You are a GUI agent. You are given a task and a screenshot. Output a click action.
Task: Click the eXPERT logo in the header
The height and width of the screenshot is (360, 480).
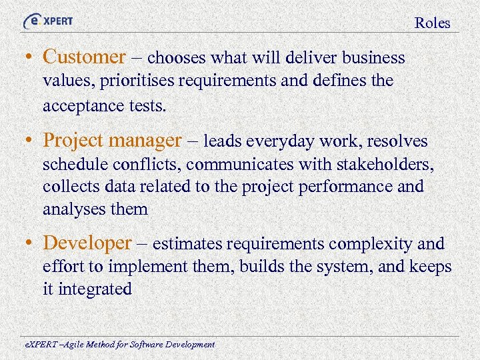48,21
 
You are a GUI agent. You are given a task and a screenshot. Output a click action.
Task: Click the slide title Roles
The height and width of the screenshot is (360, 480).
432,23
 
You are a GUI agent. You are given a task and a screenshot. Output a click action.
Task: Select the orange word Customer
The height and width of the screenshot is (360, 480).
84,57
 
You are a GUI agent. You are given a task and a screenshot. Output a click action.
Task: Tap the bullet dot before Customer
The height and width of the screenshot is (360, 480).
31,58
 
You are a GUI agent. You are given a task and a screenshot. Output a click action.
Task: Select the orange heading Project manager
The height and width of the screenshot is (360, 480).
112,141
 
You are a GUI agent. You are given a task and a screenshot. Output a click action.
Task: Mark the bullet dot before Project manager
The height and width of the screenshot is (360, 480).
31,141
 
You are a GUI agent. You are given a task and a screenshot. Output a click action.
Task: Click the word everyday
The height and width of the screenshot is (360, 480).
281,141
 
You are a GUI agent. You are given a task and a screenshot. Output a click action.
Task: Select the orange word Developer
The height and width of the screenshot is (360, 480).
87,244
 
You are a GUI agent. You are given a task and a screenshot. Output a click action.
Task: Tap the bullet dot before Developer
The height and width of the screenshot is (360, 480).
31,245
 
